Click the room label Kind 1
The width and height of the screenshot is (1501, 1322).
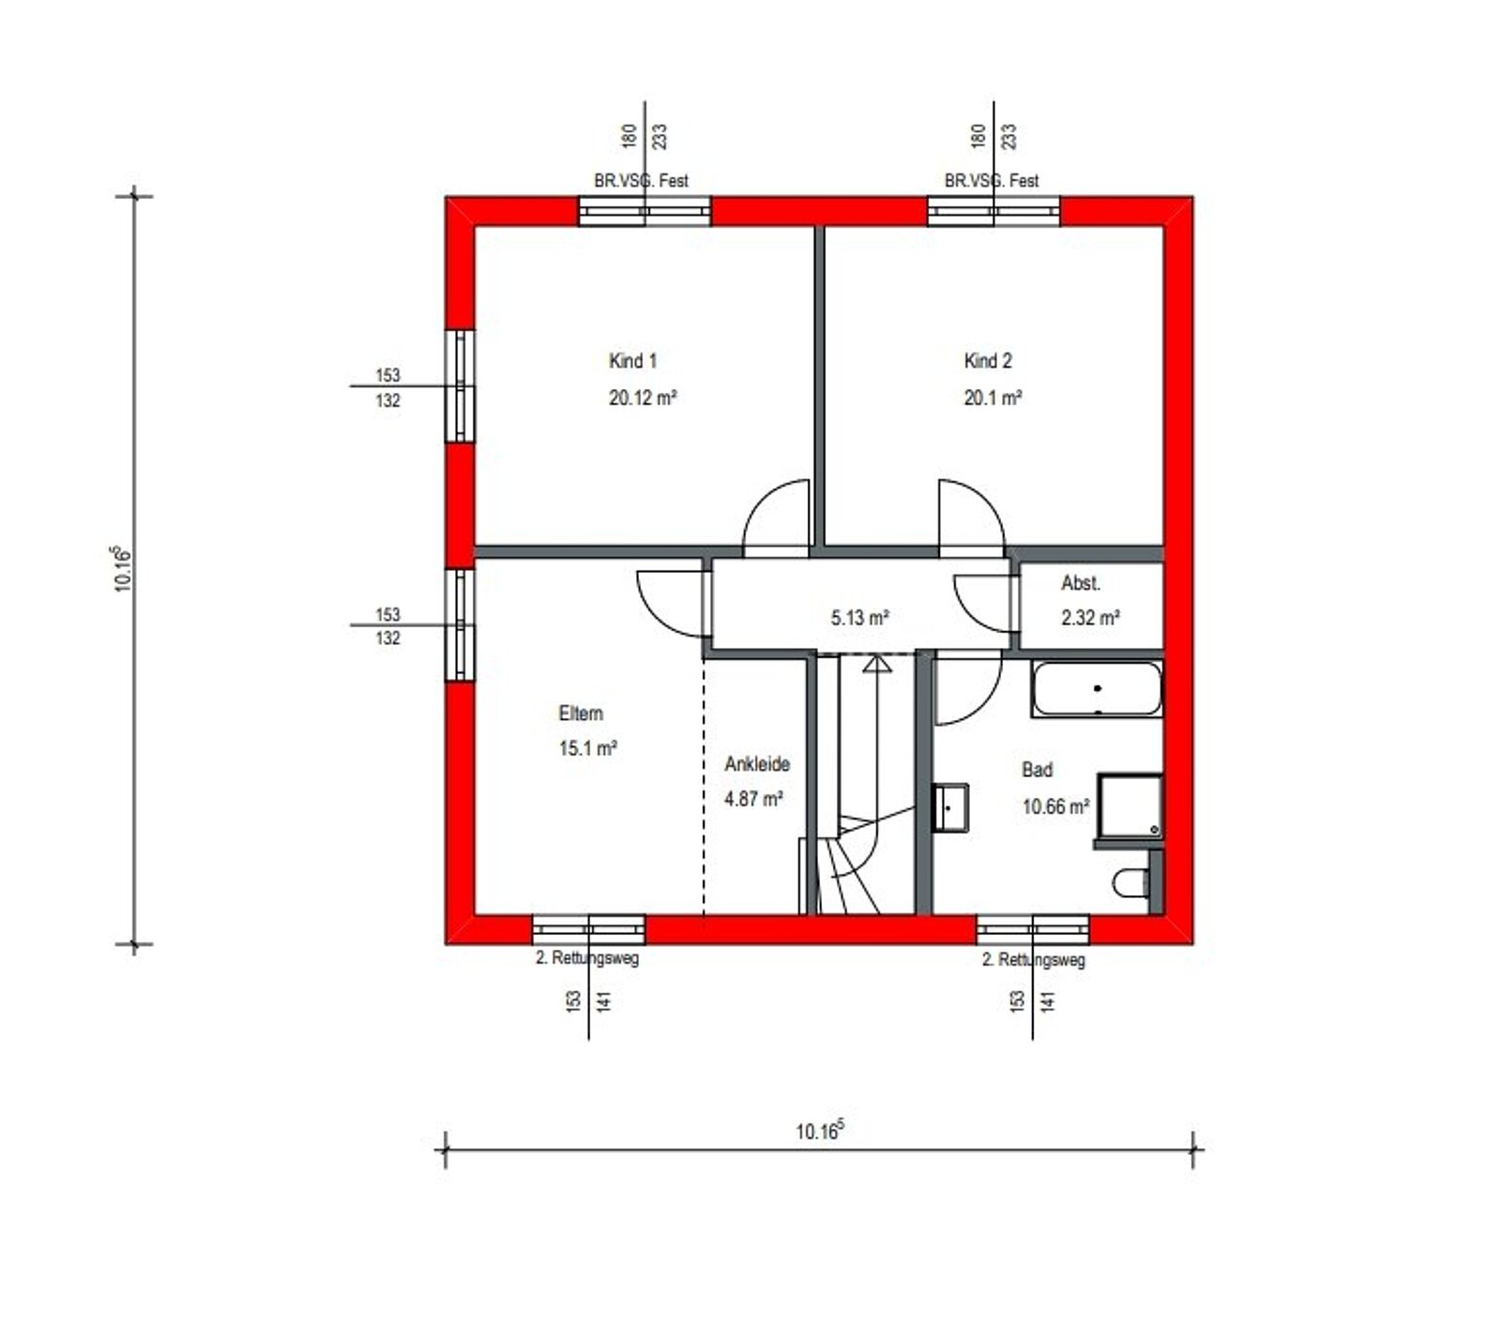[632, 361]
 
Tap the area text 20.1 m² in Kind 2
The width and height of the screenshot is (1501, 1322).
[993, 398]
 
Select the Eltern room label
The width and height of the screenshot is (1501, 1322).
[581, 714]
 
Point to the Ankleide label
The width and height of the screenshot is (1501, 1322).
[757, 764]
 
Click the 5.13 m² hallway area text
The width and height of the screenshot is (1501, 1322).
[859, 618]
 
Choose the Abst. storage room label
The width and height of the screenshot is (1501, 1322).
[1081, 583]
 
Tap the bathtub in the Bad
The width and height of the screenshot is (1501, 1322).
[1097, 689]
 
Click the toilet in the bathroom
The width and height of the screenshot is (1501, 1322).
[1131, 882]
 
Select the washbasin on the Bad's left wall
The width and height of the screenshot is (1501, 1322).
[951, 806]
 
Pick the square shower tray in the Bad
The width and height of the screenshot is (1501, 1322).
[1130, 805]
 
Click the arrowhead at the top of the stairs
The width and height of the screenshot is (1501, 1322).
[876, 665]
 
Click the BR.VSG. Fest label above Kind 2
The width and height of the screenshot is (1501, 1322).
[992, 181]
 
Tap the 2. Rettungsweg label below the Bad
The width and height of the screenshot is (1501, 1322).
[1034, 960]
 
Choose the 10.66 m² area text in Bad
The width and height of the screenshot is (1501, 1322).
[1055, 806]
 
